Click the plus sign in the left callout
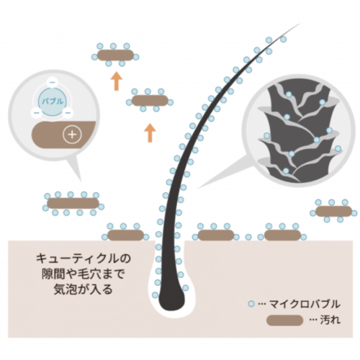point(72,135)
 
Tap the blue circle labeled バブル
point(53,101)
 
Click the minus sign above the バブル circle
point(53,83)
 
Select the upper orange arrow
point(117,81)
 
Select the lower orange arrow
point(150,132)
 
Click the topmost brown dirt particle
point(115,55)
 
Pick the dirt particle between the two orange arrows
point(150,100)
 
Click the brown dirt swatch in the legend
point(285,320)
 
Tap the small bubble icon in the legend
point(251,304)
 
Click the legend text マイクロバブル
point(305,304)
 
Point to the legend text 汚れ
point(330,320)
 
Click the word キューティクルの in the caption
point(84,258)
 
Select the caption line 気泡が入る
point(83,289)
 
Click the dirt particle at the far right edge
point(333,211)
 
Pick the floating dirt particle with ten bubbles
point(73,203)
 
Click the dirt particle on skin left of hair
point(125,235)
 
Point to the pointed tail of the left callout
point(81,181)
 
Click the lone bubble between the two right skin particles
point(248,238)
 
